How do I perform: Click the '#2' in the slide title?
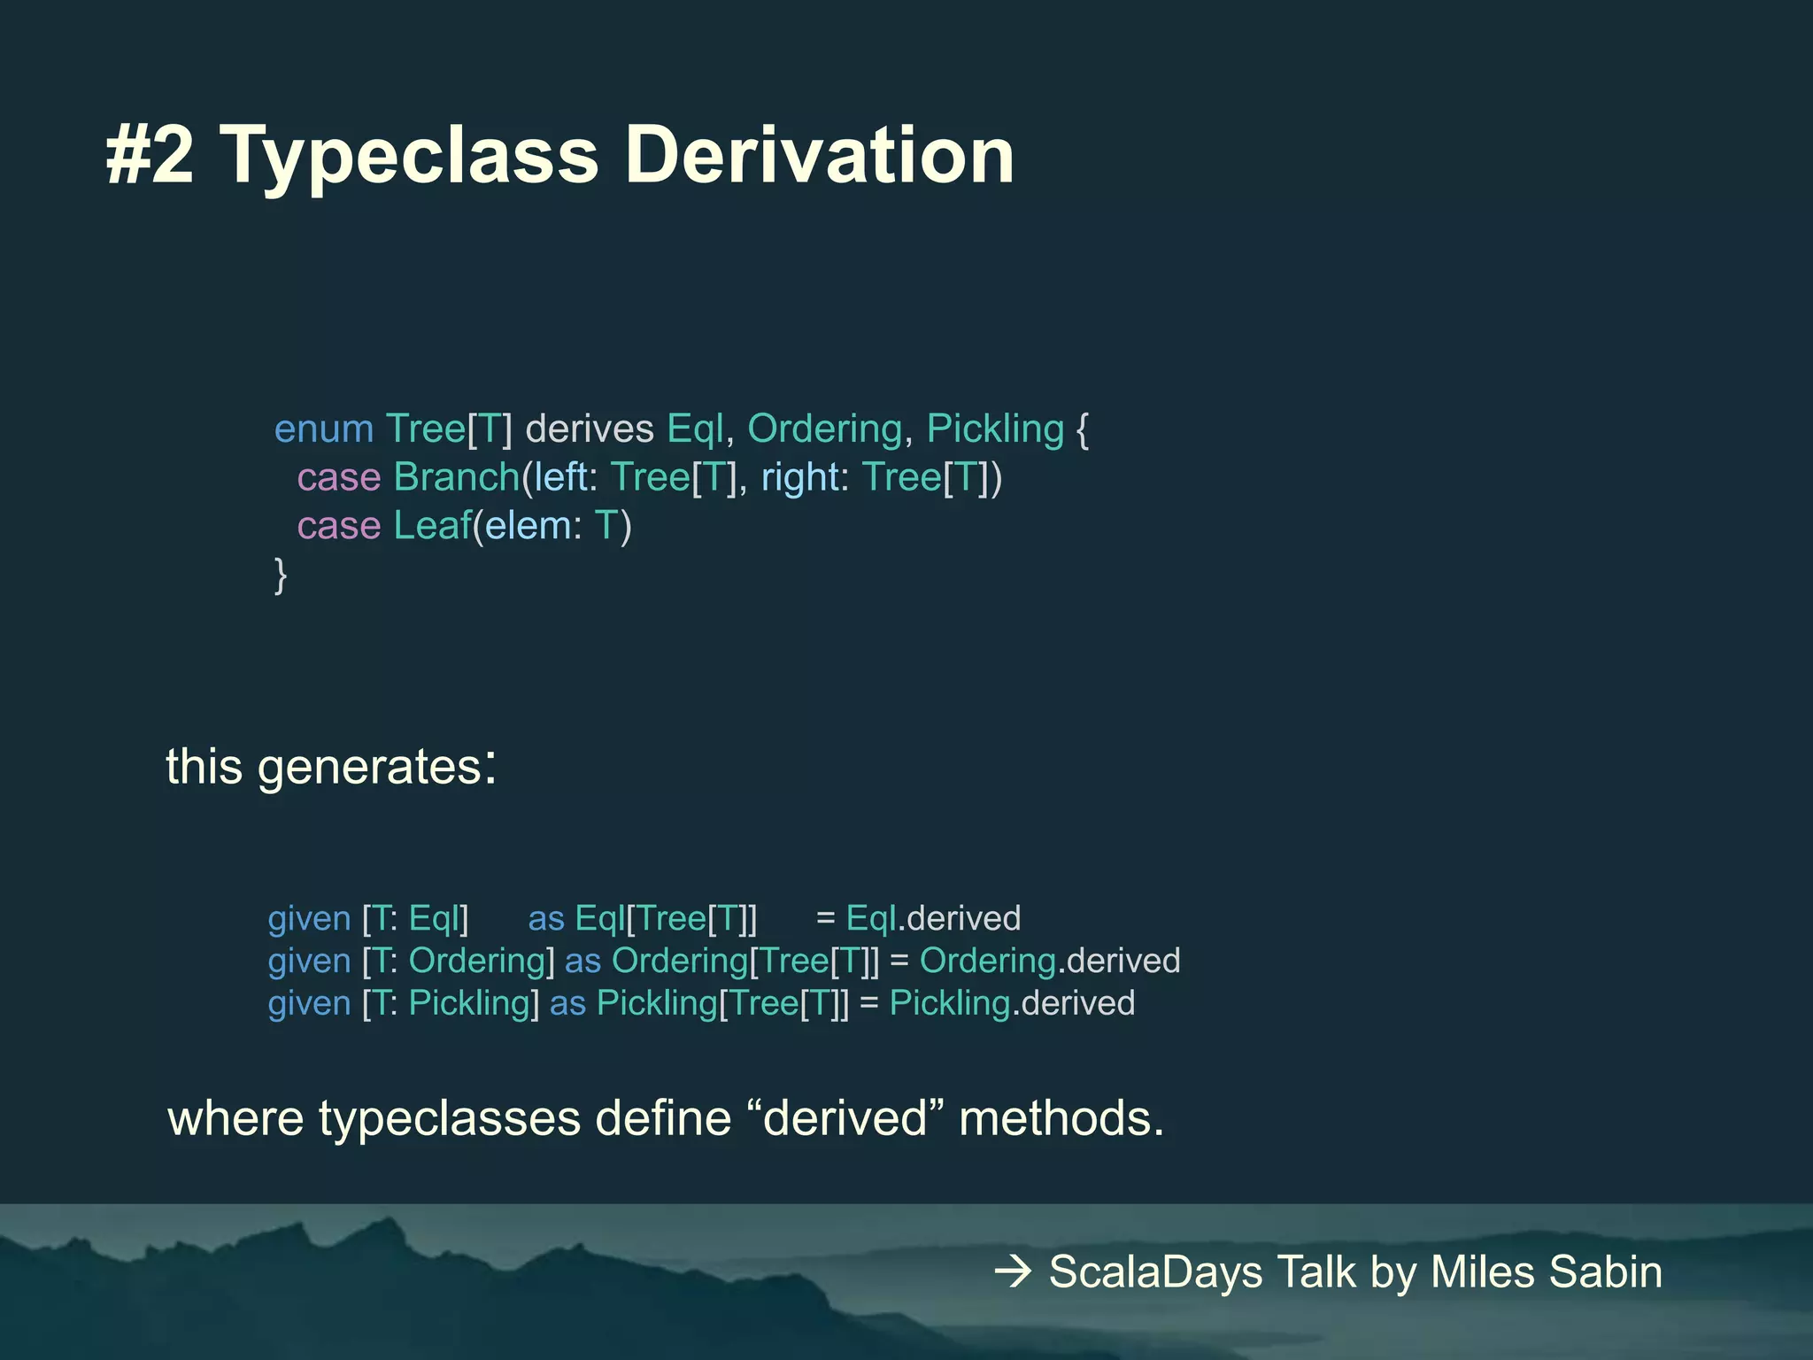[x=149, y=156]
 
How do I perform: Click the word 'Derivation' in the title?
[x=819, y=156]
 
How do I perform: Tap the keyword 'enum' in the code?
[x=323, y=429]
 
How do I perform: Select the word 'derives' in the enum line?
[x=590, y=429]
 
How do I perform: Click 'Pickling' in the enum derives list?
[x=995, y=429]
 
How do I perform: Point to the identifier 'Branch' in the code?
[x=457, y=478]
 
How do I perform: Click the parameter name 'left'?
[x=560, y=478]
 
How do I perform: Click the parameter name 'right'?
[x=800, y=478]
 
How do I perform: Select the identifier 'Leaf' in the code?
[x=432, y=527]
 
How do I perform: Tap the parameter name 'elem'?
[x=528, y=527]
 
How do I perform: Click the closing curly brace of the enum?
[x=281, y=576]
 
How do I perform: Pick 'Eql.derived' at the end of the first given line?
[x=933, y=919]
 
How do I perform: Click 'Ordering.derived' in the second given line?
[x=1050, y=962]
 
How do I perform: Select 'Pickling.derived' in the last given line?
[x=1012, y=1004]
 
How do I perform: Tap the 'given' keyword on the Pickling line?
[x=310, y=1004]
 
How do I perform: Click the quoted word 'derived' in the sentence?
[x=845, y=1118]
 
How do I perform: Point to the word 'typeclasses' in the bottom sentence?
[x=450, y=1118]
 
